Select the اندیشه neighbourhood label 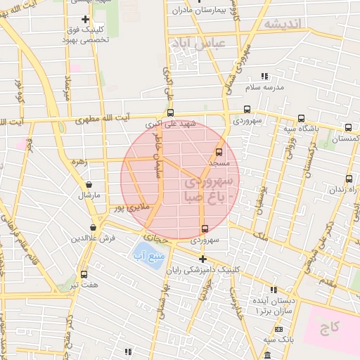[x=283, y=23]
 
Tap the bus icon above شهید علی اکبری [x=170, y=112]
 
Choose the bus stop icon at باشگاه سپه [x=301, y=118]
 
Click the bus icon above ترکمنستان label [x=349, y=128]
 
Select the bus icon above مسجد [x=219, y=151]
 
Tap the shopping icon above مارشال [x=89, y=185]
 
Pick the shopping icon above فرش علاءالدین [x=94, y=227]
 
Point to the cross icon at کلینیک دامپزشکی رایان [x=202, y=259]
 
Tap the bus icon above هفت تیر [x=84, y=274]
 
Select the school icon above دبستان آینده [x=274, y=289]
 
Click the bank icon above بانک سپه [x=279, y=328]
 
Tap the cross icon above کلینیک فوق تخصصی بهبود [x=86, y=19]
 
